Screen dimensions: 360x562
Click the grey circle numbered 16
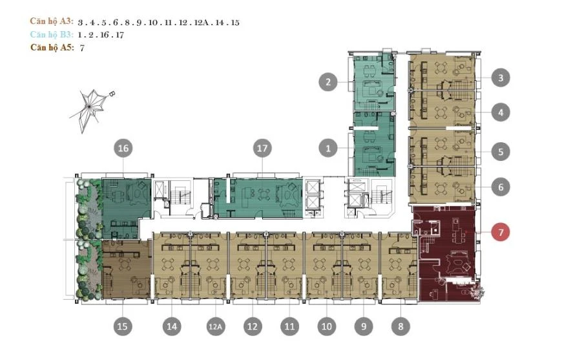click(x=123, y=149)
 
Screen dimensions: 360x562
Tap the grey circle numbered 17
click(x=262, y=149)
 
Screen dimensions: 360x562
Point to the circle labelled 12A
click(x=215, y=327)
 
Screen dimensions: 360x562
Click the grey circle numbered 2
click(x=329, y=82)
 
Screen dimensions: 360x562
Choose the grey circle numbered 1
click(x=329, y=149)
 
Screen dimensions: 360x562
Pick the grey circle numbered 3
click(x=500, y=78)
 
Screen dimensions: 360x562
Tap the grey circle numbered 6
click(x=500, y=187)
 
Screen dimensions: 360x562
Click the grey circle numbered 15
click(x=123, y=327)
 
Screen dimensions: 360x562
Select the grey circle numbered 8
click(x=401, y=327)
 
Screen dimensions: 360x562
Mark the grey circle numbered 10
click(x=327, y=327)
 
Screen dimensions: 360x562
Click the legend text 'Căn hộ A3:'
click(x=52, y=21)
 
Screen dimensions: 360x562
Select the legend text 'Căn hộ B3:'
click(x=52, y=34)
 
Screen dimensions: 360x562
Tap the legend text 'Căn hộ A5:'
click(x=52, y=47)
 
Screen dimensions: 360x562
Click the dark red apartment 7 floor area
click(x=446, y=255)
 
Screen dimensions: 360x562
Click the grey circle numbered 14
click(x=171, y=327)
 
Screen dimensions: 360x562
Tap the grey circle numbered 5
click(x=500, y=152)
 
